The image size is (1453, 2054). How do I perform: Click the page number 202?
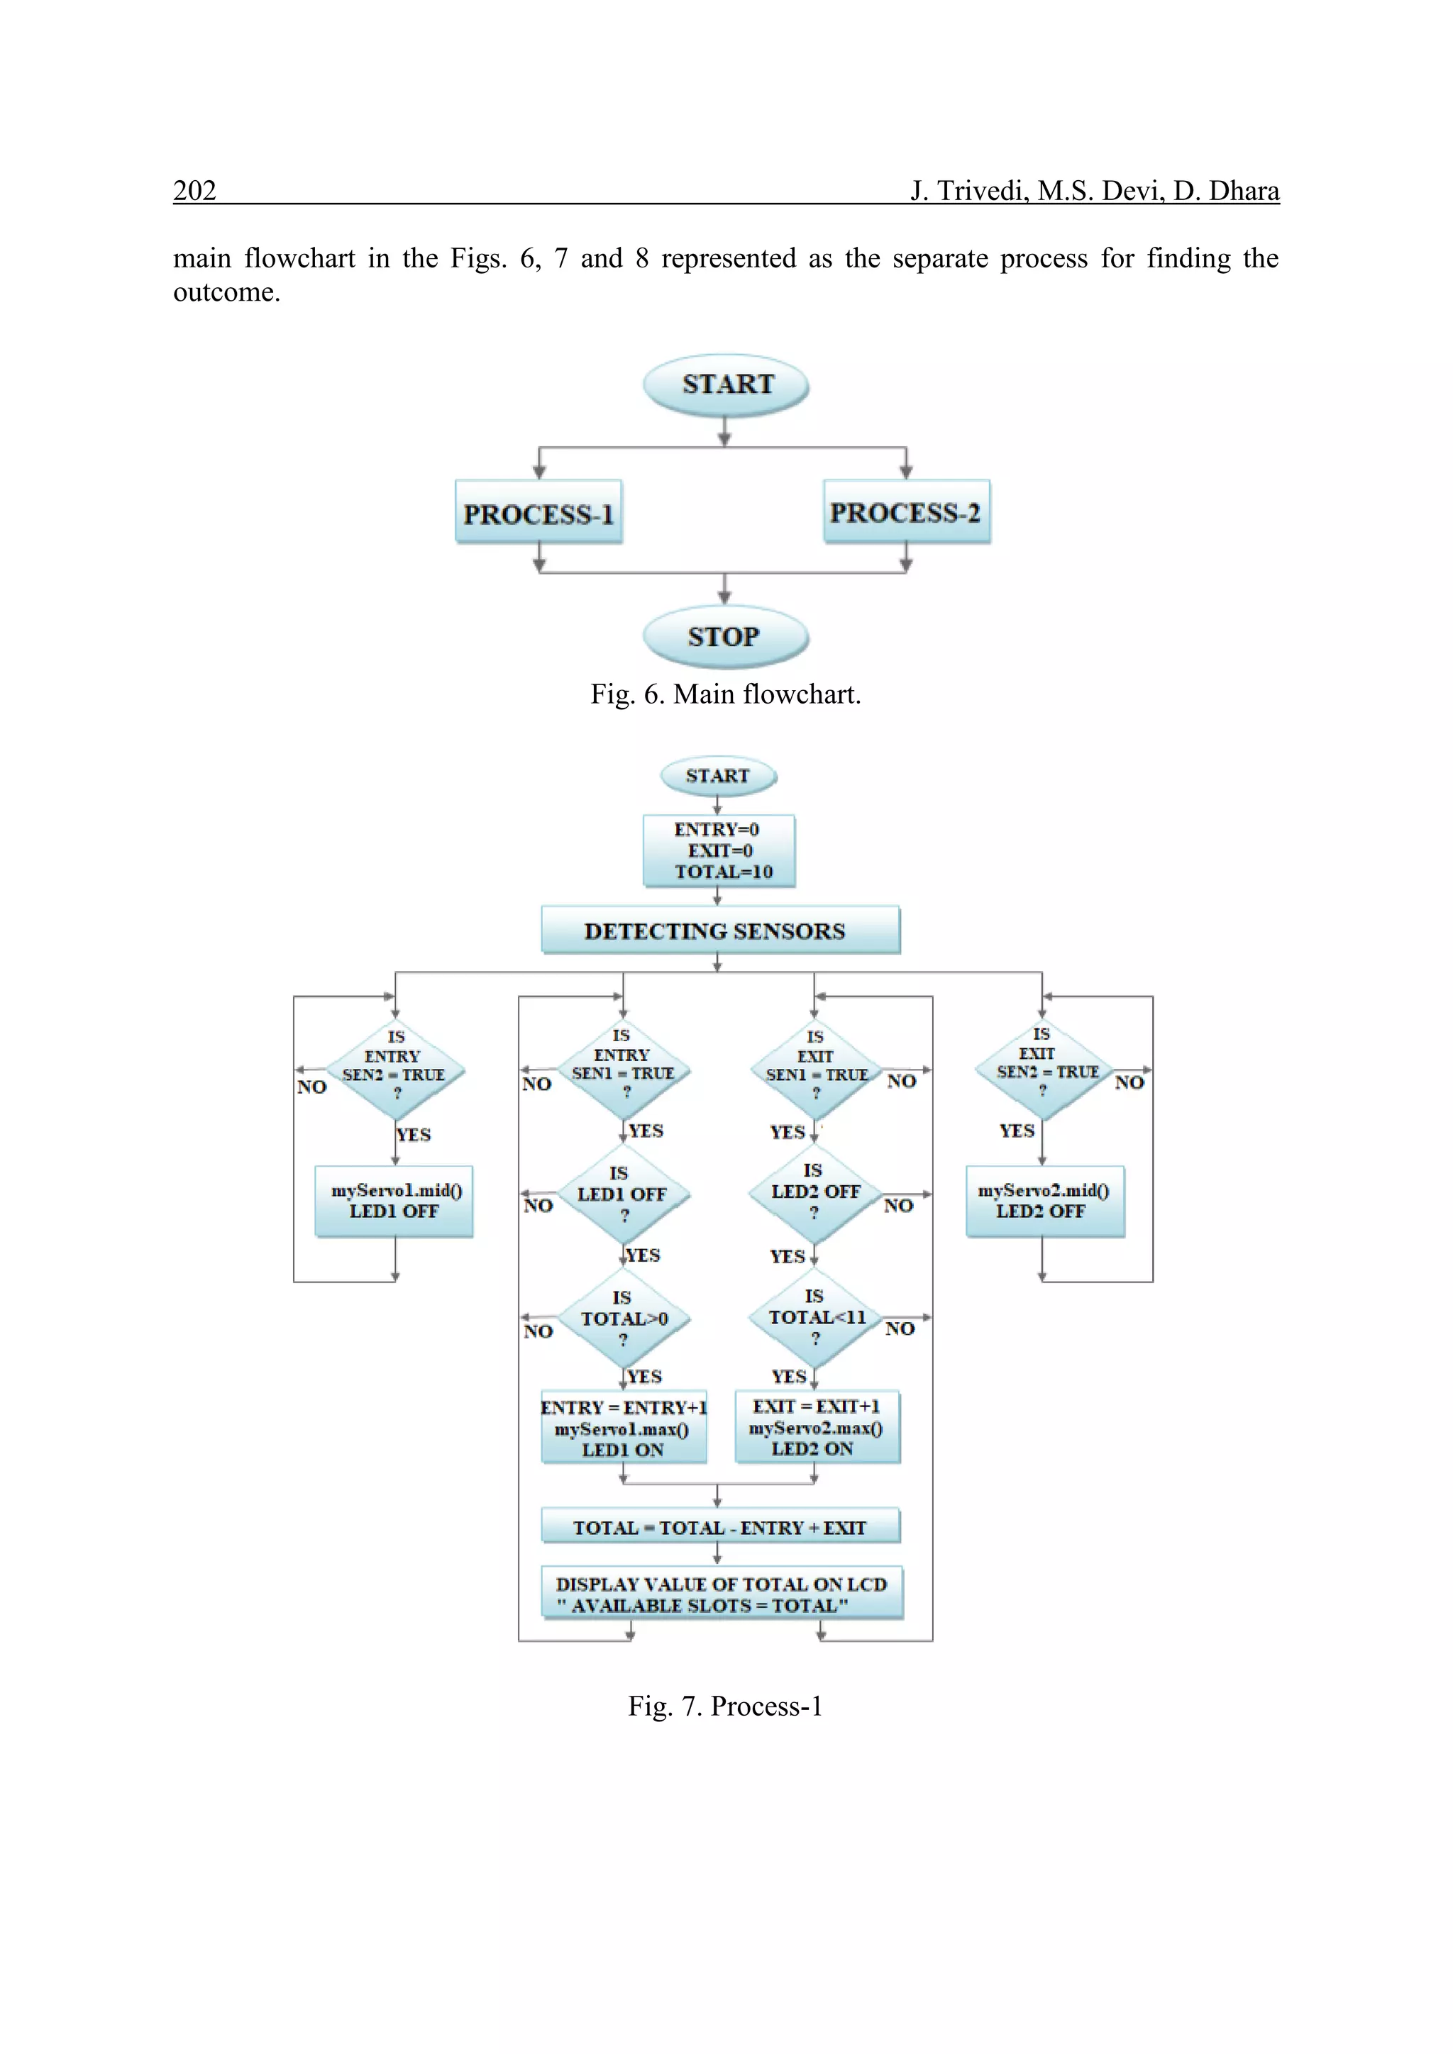(x=194, y=191)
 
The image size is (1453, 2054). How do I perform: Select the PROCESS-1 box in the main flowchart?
(x=538, y=513)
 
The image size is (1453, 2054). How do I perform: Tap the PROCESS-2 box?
(x=905, y=511)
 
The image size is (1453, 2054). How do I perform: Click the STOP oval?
(x=724, y=636)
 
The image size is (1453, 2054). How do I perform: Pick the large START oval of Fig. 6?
(x=726, y=384)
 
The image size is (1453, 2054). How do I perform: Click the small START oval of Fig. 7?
(x=717, y=776)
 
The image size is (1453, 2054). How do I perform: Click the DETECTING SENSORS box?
(x=719, y=931)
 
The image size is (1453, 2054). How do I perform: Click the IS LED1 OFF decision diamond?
(x=623, y=1194)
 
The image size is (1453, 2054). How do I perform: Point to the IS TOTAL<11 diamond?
(x=815, y=1317)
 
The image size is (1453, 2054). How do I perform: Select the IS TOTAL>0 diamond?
(x=624, y=1319)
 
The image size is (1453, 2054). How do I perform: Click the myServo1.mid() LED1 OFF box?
(x=394, y=1201)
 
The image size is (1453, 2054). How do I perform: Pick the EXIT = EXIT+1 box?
(x=816, y=1427)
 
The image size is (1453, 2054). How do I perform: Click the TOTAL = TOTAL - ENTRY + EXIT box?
(x=719, y=1527)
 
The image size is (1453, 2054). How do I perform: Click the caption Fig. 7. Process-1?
(x=724, y=1706)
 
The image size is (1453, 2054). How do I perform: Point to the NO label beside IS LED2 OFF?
(x=898, y=1206)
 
